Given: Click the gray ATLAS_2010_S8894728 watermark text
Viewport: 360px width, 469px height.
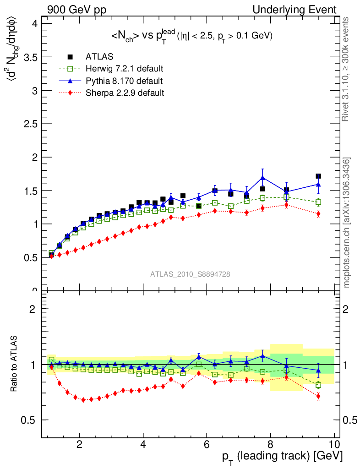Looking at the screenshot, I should pyautogui.click(x=190, y=274).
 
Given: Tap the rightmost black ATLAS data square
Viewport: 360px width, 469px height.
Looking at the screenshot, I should pyautogui.click(x=318, y=176).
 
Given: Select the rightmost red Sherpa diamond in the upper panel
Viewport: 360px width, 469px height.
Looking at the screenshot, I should pyautogui.click(x=318, y=214).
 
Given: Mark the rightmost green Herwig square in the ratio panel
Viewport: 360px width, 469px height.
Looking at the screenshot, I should pyautogui.click(x=318, y=385).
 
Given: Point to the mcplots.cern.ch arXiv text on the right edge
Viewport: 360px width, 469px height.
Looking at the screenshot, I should pyautogui.click(x=347, y=223).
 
